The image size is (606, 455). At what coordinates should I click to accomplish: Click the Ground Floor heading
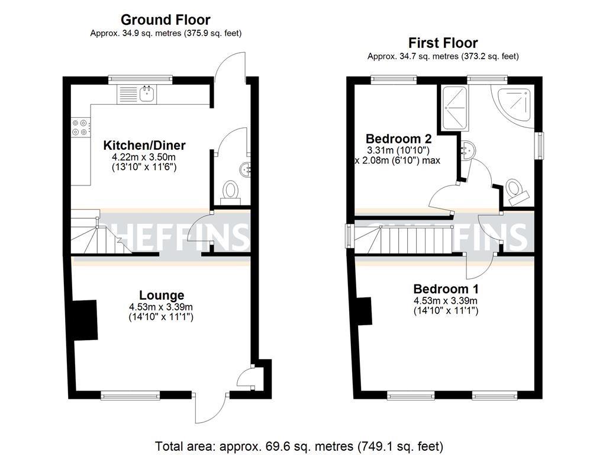[165, 20]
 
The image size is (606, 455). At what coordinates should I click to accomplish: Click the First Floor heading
[443, 43]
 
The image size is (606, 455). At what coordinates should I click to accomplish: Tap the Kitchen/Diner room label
[144, 145]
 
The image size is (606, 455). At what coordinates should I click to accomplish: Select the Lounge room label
[161, 295]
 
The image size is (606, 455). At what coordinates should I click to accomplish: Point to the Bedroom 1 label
[446, 289]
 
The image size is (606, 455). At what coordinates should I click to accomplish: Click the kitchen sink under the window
[146, 93]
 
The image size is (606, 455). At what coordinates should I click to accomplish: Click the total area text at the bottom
[299, 446]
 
